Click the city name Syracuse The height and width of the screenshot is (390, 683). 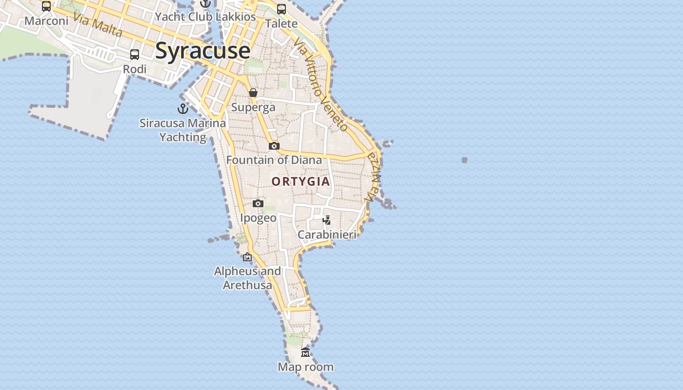pos(202,51)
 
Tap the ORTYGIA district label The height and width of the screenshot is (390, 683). pos(301,181)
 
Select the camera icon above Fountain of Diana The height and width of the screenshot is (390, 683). pos(274,146)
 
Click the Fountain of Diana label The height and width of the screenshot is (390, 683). pos(274,160)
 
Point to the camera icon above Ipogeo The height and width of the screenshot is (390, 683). pos(258,203)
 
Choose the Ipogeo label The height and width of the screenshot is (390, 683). pos(258,217)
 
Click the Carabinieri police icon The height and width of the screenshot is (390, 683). pos(327,220)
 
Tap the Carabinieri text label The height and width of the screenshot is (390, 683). pos(327,234)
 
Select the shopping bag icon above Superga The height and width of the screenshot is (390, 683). pos(253,93)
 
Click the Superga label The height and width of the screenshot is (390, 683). pos(253,107)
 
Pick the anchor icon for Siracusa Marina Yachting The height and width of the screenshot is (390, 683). pos(183,109)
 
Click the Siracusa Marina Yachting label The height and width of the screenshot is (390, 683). pos(183,130)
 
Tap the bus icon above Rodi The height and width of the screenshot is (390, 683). pos(135,55)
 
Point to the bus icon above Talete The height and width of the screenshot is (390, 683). pos(281,9)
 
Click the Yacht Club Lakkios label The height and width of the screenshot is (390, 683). pos(205,17)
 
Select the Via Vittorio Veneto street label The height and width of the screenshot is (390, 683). pos(321,85)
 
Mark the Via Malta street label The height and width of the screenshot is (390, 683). pos(98,24)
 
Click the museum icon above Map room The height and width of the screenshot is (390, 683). pos(305,352)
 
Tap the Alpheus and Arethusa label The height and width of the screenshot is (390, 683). pos(247,278)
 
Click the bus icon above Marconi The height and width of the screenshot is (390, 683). pos(46,6)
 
